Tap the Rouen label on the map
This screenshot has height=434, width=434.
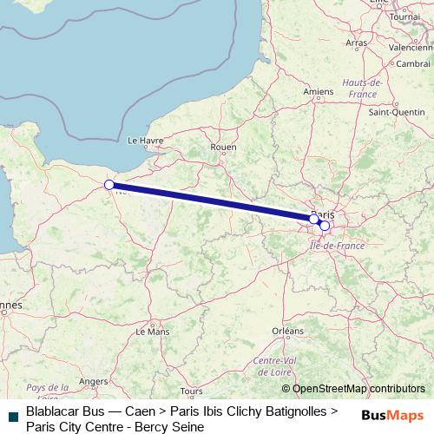[x=223, y=148]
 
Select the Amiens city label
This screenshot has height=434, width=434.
[x=319, y=90]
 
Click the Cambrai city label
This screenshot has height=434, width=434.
[x=413, y=63]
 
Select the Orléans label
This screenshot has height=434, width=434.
[x=287, y=331]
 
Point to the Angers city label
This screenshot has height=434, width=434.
[x=93, y=380]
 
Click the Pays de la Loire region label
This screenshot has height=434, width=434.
[x=48, y=392]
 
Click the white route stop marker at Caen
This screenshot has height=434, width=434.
[x=109, y=185]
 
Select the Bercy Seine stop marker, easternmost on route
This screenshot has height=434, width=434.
[x=325, y=226]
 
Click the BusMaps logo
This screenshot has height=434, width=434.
[x=392, y=416]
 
